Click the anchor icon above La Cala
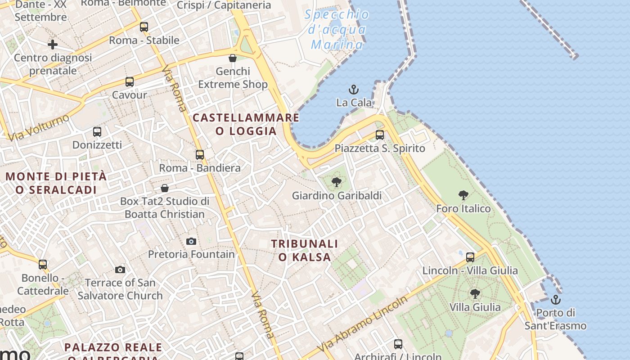point(354,90)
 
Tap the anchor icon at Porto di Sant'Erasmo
point(556,299)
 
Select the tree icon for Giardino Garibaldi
point(336,182)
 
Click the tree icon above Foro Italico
point(463,195)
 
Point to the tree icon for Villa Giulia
point(475,294)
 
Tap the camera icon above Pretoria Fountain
point(191,242)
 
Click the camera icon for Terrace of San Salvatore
point(120,270)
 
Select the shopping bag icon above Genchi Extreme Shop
point(233,58)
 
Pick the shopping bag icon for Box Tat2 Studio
point(165,188)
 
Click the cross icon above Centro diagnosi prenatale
point(53,45)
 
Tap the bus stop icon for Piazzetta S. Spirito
point(380,135)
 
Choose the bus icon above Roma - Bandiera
point(200,155)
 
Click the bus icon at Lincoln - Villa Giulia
point(470,257)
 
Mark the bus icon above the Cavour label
point(130,82)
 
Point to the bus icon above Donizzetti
point(97,132)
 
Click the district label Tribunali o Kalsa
point(304,250)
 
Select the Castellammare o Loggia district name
point(246,124)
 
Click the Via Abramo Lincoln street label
point(363,324)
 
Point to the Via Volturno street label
point(39,128)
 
